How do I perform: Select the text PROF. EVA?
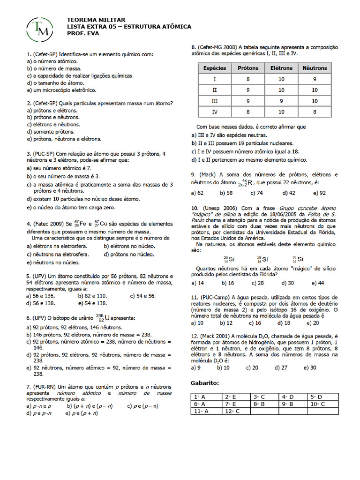click(83, 34)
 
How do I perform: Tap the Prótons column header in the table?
click(248, 68)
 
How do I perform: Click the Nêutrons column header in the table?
click(315, 68)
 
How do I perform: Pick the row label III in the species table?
click(215, 101)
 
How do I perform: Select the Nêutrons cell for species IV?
click(315, 112)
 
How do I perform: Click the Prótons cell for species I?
click(248, 79)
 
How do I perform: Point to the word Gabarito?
click(205, 383)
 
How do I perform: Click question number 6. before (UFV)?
click(29, 318)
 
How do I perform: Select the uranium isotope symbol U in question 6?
click(107, 318)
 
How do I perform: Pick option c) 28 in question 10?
click(257, 283)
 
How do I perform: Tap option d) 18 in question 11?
click(284, 323)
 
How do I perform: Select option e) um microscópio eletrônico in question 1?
click(61, 90)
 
